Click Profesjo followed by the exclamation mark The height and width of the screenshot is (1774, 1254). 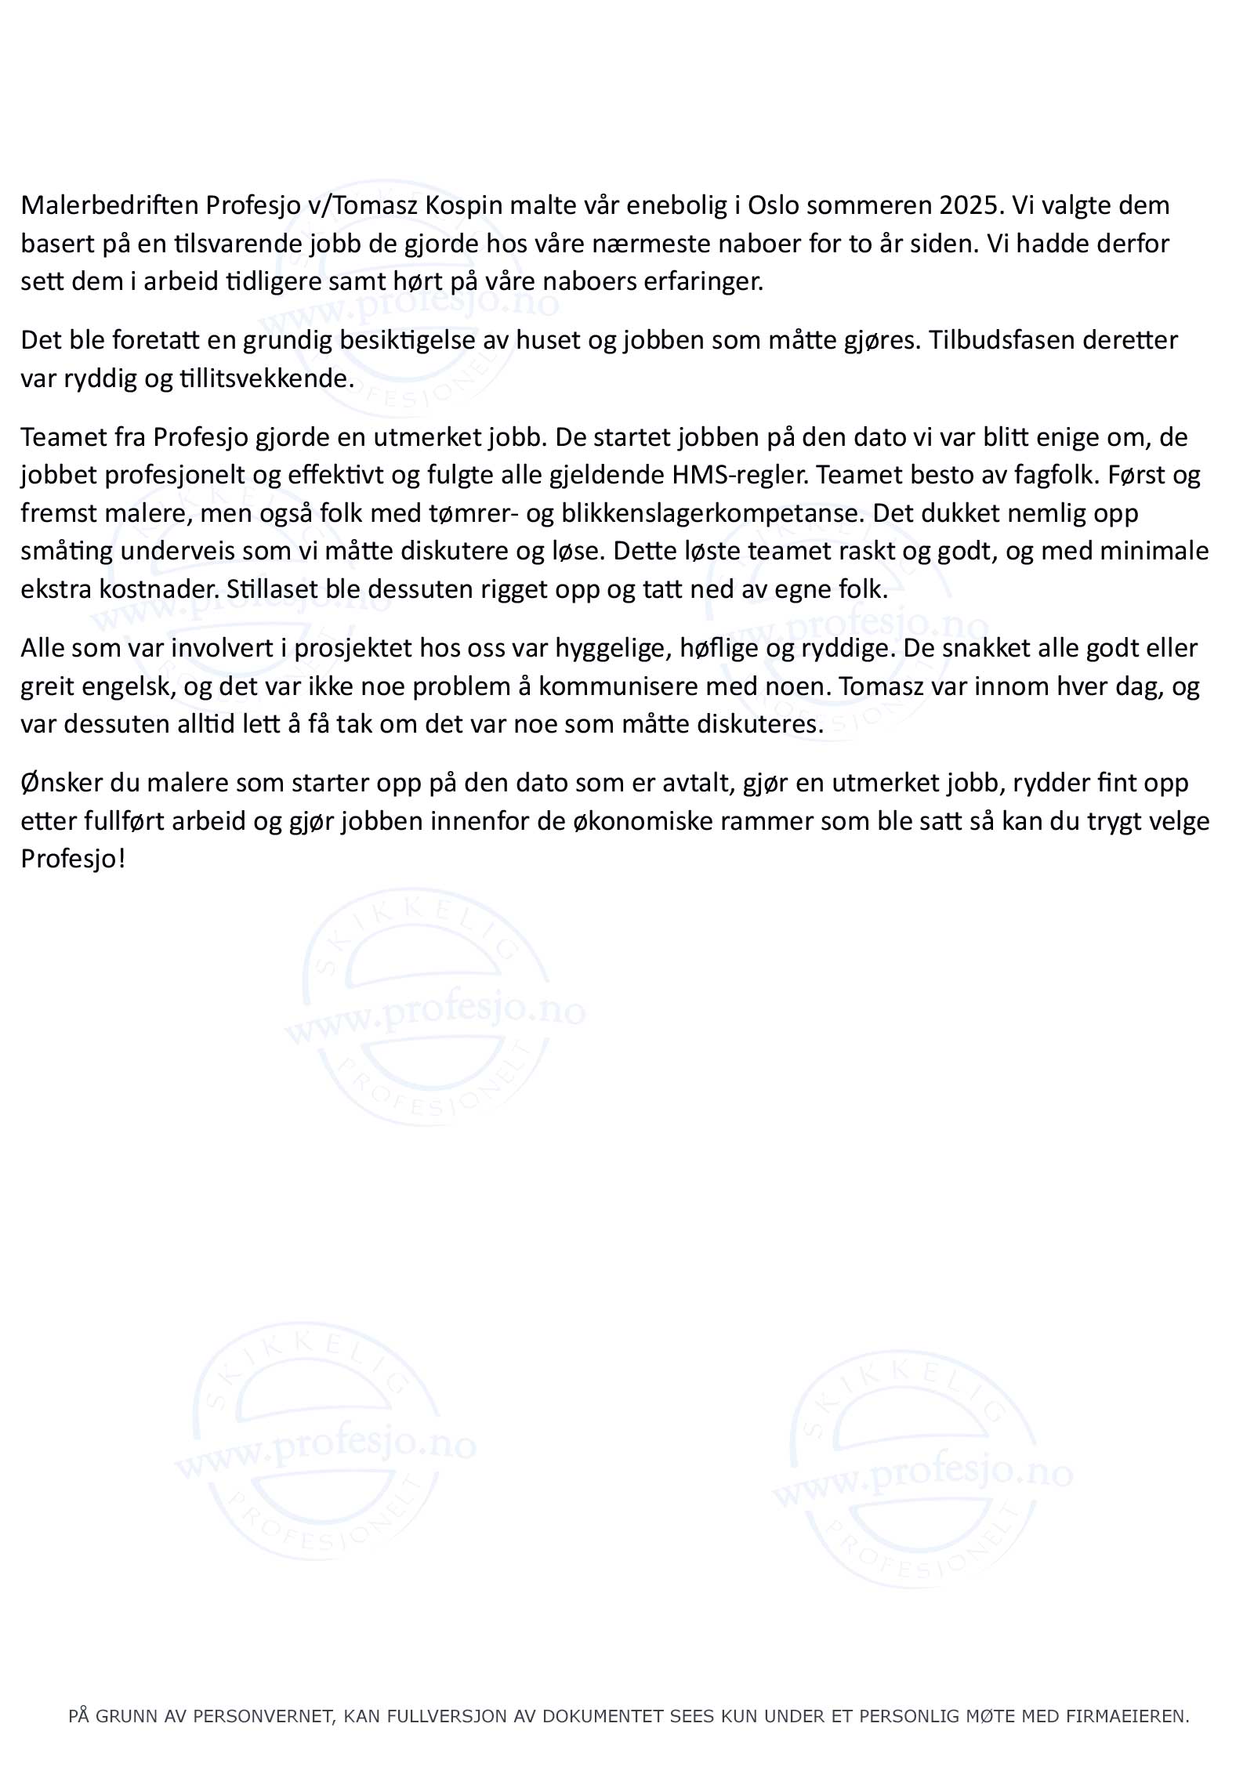[x=72, y=860]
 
